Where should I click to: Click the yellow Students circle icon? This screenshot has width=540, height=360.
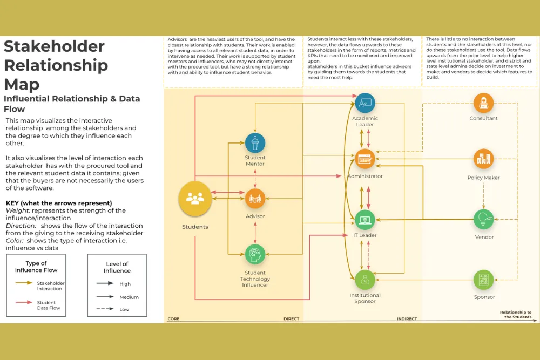pos(195,198)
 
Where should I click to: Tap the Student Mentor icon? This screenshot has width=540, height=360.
pos(255,143)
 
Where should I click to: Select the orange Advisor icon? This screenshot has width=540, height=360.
pos(255,199)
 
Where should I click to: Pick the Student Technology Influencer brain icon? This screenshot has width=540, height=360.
pos(255,254)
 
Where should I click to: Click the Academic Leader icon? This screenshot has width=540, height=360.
pos(365,103)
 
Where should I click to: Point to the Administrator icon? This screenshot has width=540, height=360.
pos(365,159)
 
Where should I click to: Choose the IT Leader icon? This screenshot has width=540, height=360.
pos(365,219)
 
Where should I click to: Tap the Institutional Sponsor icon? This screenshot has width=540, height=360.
pos(365,280)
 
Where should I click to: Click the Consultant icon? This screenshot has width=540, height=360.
pos(483,103)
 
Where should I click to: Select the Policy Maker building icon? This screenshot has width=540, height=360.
pos(483,159)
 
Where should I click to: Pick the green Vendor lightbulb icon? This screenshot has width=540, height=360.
pos(483,219)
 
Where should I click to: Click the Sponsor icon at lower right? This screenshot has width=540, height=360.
pos(484,280)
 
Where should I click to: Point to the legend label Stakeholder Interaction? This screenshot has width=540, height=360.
pos(50,286)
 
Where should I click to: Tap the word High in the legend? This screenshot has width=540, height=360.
pos(125,284)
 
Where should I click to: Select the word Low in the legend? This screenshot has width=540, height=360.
pos(125,309)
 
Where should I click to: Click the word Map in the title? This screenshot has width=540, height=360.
pos(21,84)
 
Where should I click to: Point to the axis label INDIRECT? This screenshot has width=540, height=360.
pos(407,319)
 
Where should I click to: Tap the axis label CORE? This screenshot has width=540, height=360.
pos(173,319)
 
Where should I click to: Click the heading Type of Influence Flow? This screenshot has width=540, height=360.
pos(36,267)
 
